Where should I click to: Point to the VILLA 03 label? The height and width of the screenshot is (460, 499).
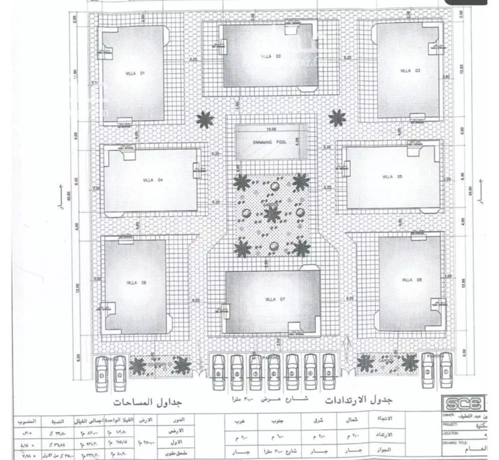pos(410,71)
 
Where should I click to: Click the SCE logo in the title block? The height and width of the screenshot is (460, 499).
pos(463,403)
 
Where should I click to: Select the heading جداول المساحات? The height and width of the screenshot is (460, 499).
pos(146,402)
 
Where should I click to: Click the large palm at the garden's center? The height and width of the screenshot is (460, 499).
pos(271,215)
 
